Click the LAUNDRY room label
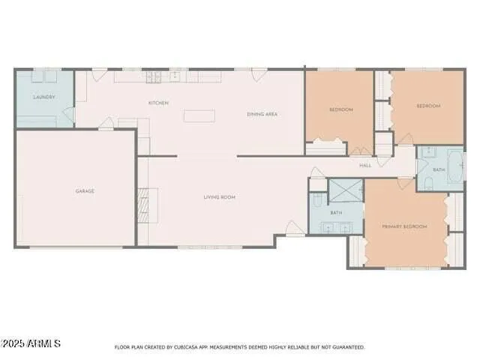[44, 97]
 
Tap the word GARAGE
[85, 191]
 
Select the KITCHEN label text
[158, 103]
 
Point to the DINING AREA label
[262, 114]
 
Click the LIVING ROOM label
[220, 197]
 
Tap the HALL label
[365, 165]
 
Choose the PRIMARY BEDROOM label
[404, 226]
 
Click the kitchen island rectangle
[199, 116]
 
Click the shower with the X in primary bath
[346, 191]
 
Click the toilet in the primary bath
[318, 199]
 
